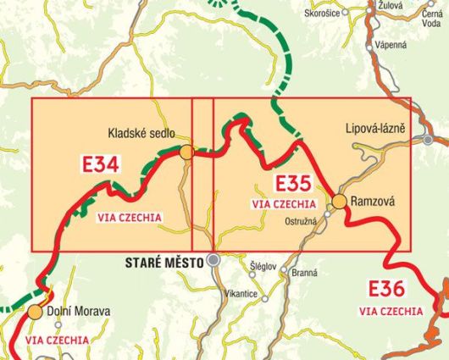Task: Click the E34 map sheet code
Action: tap(100, 164)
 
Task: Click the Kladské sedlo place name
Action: tap(142, 133)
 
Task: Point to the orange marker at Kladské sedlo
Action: tap(186, 152)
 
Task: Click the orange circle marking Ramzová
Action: tap(339, 202)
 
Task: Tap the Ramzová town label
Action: tap(373, 202)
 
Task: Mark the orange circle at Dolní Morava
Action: tap(35, 312)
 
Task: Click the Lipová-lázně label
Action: tap(375, 129)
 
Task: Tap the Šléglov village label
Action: tap(263, 266)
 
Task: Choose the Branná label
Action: tap(303, 273)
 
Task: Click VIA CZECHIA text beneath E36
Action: tap(391, 311)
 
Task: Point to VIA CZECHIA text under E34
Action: tap(130, 218)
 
